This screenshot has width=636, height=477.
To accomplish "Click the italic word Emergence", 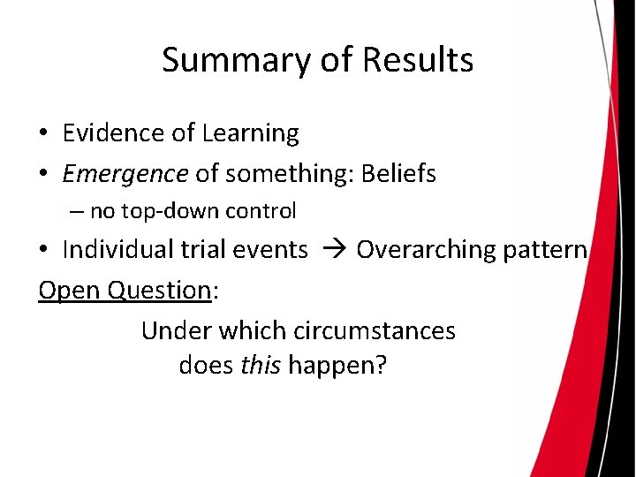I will [125, 174].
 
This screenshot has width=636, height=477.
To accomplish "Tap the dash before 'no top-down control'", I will [77, 212].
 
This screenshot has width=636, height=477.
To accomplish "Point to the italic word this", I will [255, 365].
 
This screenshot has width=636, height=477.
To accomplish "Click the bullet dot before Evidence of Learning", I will [42, 134].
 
